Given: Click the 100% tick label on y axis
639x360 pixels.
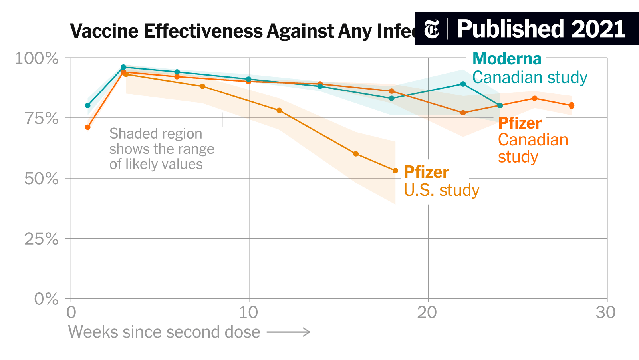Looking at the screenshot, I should point(36,58).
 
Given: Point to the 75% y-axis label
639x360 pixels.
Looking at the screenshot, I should point(42,119).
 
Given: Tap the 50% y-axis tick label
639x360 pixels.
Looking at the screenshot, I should point(42,179).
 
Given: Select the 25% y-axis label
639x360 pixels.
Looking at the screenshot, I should point(42,239).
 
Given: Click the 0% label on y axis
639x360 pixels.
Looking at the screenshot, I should point(46,299).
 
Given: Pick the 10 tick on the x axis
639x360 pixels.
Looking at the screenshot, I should point(248,312).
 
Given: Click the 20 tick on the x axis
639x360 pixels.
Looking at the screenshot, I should point(427,312).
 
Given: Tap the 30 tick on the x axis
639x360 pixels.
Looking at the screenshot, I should point(605,312).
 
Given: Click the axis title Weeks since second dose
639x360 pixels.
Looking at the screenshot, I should point(164,332).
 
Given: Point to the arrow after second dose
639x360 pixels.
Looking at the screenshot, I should point(288,332).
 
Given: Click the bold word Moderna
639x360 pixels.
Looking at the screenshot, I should point(506,59).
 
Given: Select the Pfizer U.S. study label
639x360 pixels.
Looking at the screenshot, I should point(441,181).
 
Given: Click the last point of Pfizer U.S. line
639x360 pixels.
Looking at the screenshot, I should point(395,171).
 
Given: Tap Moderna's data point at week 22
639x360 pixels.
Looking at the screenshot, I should point(463,84).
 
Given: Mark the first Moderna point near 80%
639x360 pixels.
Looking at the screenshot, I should point(88,105).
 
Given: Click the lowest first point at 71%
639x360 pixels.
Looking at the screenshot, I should point(88,127).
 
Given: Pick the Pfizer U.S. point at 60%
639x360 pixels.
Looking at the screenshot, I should point(356,154).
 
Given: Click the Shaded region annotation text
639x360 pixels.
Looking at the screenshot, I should point(161,149).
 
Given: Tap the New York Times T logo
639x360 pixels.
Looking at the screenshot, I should point(431,29).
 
